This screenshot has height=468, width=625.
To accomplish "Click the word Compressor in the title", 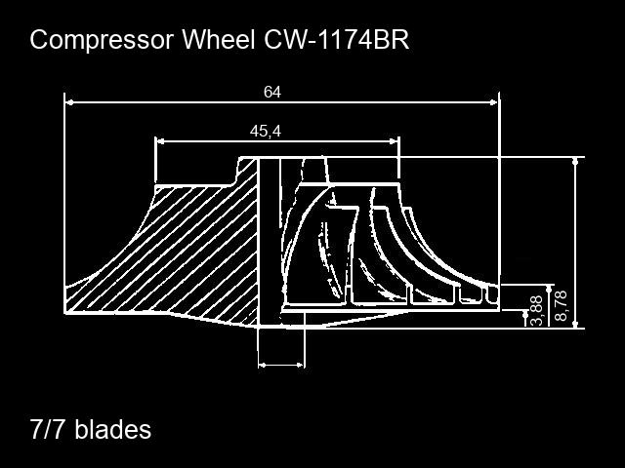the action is [102, 40].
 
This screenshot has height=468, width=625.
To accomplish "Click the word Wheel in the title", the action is [219, 39].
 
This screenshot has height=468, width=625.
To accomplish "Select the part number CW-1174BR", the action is [336, 39].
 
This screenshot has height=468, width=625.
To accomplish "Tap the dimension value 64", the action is [272, 92].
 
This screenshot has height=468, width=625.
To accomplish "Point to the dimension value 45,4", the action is [266, 131].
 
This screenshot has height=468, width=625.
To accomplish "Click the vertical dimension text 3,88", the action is [537, 310].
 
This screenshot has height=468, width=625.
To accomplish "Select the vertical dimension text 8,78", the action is [561, 305].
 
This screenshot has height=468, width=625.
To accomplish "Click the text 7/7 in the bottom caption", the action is [46, 429].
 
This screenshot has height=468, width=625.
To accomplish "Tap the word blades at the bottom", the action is [113, 429].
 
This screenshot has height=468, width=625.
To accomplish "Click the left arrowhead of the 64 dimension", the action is [69, 102].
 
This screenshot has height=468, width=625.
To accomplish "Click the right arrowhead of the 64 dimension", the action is [493, 102].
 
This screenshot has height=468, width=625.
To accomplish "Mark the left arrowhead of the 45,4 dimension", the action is [160, 140].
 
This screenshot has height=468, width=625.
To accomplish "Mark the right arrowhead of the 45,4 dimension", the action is [394, 140].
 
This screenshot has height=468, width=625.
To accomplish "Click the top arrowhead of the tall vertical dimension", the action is [575, 162].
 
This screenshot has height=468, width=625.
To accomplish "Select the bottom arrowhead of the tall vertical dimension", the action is [575, 324].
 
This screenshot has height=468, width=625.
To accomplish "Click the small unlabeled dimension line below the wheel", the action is [281, 365].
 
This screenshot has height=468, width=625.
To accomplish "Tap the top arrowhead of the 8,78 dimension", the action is [550, 290].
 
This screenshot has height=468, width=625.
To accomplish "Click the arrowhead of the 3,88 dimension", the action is [525, 314].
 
